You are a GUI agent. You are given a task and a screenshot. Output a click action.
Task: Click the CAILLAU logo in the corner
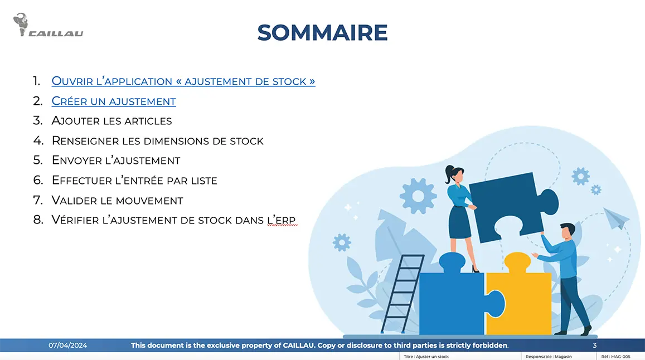48,26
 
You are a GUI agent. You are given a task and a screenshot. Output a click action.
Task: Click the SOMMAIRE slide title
322,33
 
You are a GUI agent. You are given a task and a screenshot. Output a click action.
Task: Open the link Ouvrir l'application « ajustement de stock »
183,81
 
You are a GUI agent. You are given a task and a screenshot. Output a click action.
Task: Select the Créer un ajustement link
114,101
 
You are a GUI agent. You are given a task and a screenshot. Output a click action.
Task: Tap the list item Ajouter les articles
111,121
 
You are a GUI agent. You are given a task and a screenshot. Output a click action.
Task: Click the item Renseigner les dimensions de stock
157,141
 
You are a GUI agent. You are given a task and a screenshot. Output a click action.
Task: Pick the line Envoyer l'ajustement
116,160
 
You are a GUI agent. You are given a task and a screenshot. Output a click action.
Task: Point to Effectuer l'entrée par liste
134,181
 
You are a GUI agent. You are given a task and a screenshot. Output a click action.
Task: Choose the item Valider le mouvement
117,200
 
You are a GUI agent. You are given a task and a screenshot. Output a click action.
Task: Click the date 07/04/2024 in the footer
68,346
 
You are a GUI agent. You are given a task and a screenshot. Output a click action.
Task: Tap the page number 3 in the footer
594,346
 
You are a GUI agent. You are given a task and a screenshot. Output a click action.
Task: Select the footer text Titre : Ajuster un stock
426,357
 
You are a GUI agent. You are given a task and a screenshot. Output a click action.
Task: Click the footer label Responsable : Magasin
549,357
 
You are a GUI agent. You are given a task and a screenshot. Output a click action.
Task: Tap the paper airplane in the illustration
616,218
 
